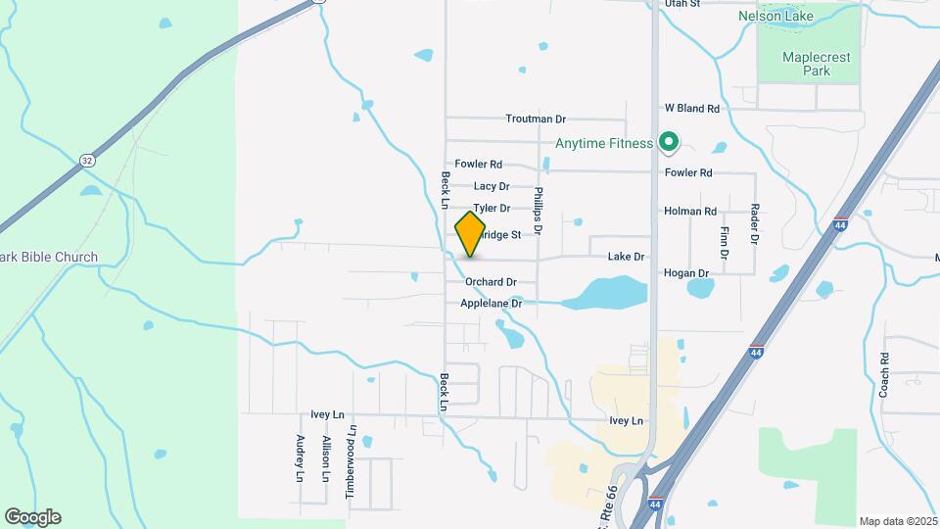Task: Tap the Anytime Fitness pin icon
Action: [x=669, y=143]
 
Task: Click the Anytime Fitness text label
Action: [x=604, y=144]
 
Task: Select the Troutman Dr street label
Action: [x=536, y=119]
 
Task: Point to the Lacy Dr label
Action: [x=492, y=186]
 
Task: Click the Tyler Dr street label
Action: [x=492, y=209]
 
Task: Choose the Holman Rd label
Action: [x=690, y=211]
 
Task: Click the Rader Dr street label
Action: [x=755, y=223]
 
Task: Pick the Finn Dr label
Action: [x=725, y=241]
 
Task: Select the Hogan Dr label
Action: [x=685, y=273]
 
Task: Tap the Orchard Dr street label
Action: [x=491, y=282]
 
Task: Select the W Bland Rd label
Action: [x=692, y=109]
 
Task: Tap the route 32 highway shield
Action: [x=88, y=160]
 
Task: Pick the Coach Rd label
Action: [x=884, y=373]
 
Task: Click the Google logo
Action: [x=32, y=517]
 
